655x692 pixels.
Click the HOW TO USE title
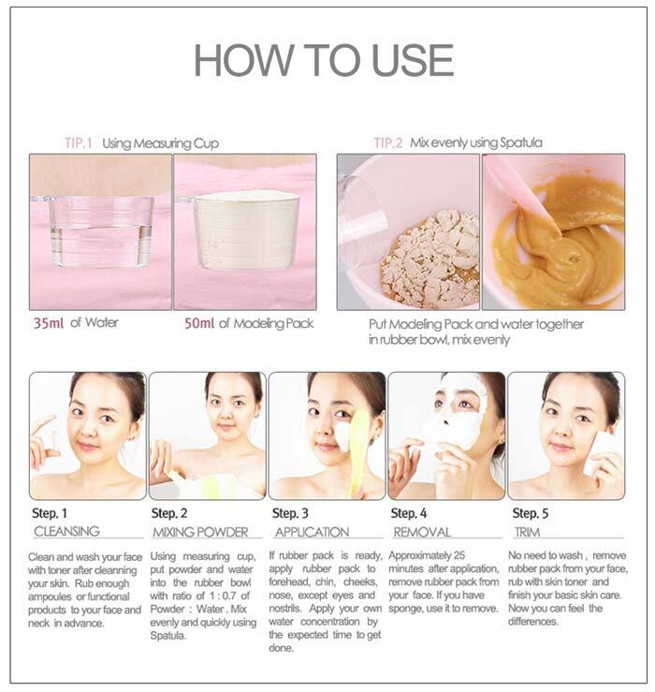tap(324, 61)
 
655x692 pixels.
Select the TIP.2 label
tap(388, 143)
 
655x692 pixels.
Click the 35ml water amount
tap(48, 323)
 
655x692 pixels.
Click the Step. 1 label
tap(50, 513)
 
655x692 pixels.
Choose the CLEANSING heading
tap(66, 531)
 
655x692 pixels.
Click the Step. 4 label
tap(409, 513)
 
